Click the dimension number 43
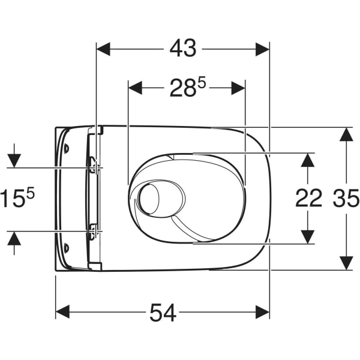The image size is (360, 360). pyautogui.click(x=183, y=49)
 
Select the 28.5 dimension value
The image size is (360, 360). pyautogui.click(x=188, y=88)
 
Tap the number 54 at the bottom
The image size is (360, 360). pyautogui.click(x=163, y=313)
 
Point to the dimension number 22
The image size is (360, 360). pyautogui.click(x=308, y=198)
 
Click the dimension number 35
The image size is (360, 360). pyautogui.click(x=346, y=198)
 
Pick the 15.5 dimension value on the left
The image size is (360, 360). pyautogui.click(x=17, y=198)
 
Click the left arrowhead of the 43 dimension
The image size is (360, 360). pyautogui.click(x=104, y=49)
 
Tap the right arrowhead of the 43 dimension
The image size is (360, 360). pyautogui.click(x=262, y=49)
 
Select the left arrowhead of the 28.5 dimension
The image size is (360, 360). pyautogui.click(x=135, y=88)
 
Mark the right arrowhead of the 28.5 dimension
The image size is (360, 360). pyautogui.click(x=238, y=88)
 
